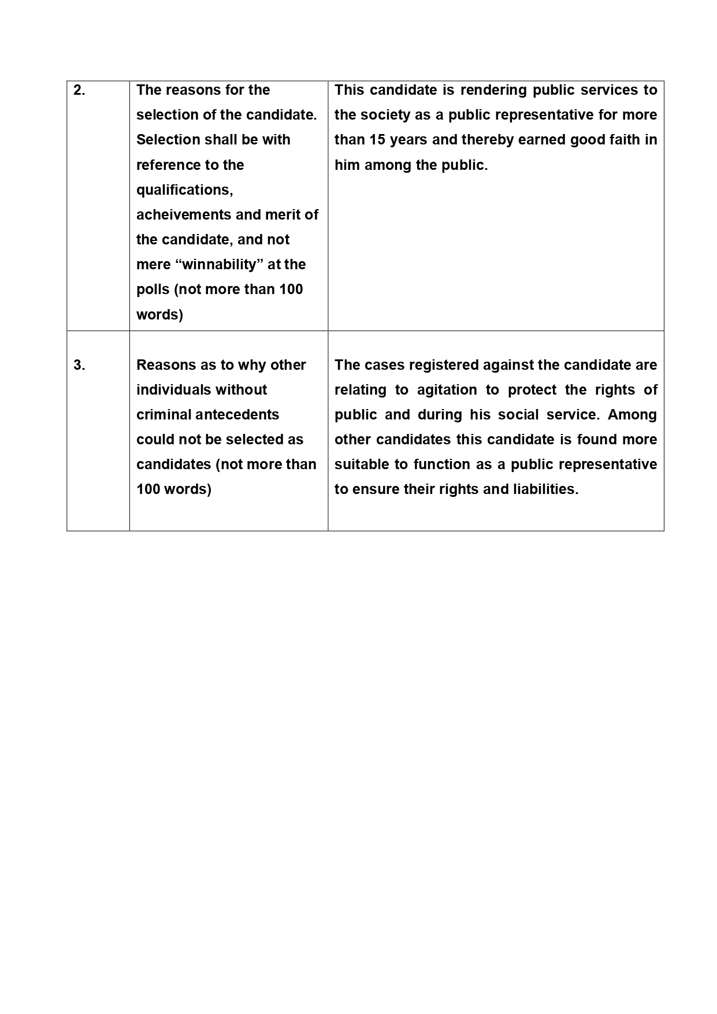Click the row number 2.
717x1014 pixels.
(79, 91)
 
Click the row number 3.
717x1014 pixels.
(79, 365)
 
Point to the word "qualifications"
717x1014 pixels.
(184, 190)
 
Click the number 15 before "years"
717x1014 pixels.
(377, 140)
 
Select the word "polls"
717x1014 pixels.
(153, 289)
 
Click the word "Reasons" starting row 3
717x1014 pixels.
(164, 365)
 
